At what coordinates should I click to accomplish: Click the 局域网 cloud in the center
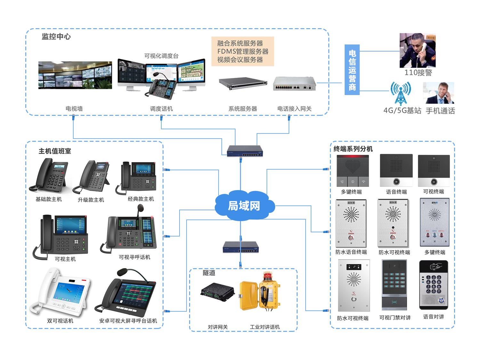244,205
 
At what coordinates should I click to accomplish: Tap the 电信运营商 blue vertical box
352,70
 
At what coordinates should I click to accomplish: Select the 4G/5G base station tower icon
400,93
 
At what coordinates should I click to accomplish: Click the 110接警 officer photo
417,50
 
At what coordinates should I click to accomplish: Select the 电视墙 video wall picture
75,75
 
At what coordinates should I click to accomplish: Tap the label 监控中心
56,36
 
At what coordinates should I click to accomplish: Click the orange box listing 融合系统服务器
243,52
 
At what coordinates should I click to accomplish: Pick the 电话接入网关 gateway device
294,84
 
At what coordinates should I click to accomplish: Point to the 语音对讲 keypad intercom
434,285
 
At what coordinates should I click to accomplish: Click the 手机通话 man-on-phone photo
438,93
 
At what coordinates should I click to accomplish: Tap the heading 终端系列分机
353,149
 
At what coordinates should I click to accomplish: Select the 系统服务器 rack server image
243,84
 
